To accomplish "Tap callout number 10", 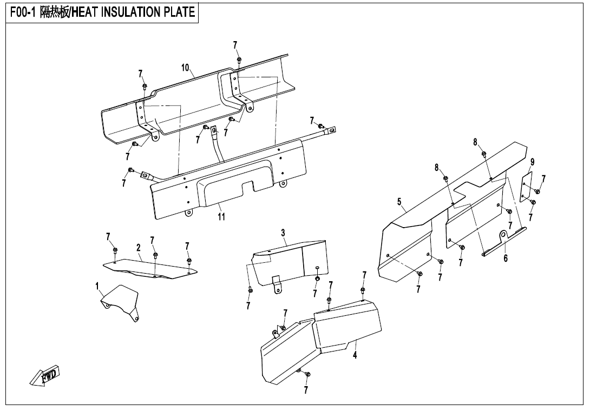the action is (x=185, y=68).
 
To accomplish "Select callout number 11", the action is (x=221, y=217).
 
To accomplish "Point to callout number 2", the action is (x=139, y=248).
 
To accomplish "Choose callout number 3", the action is (x=283, y=233).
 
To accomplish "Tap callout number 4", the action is (x=355, y=355).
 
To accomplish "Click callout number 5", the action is (x=399, y=202).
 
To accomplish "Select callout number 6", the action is (x=506, y=258).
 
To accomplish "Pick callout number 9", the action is (x=533, y=162).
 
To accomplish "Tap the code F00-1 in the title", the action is (x=22, y=12).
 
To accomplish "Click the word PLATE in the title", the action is (x=179, y=12).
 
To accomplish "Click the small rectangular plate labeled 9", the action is (x=526, y=187).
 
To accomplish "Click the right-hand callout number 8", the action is (x=475, y=142).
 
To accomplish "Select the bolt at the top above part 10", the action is (x=239, y=60).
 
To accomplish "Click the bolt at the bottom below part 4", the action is (x=307, y=374).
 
